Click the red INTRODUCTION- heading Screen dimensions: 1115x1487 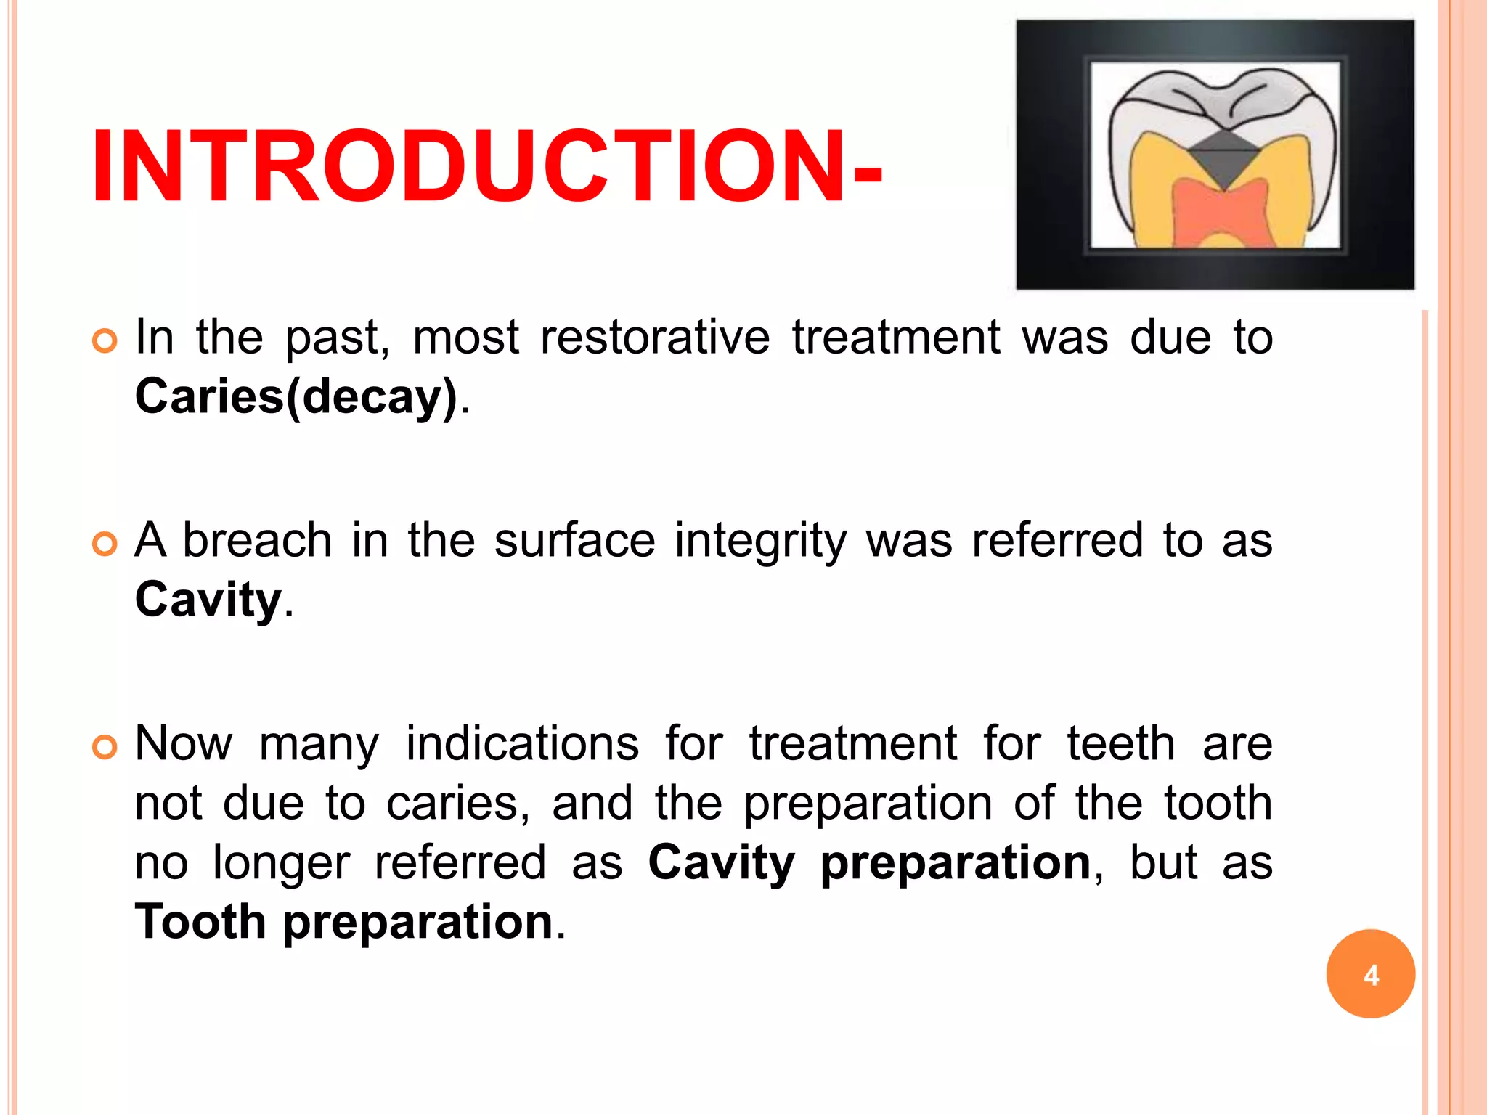coord(486,167)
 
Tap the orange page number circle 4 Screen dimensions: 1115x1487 coord(1370,973)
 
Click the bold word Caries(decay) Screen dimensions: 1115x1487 coord(296,397)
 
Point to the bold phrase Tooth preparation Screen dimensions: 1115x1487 coord(345,921)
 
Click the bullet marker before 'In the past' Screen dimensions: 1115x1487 coord(105,340)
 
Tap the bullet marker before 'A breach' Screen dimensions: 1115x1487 coord(105,544)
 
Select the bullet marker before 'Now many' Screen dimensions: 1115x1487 coord(105,747)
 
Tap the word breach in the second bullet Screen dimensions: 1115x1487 coord(257,541)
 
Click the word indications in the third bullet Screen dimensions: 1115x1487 coord(522,744)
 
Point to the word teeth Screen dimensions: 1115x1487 coord(1120,744)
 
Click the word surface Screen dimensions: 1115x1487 coord(574,541)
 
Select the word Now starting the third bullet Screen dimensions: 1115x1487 coord(184,744)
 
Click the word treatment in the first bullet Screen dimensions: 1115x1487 coord(896,338)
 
